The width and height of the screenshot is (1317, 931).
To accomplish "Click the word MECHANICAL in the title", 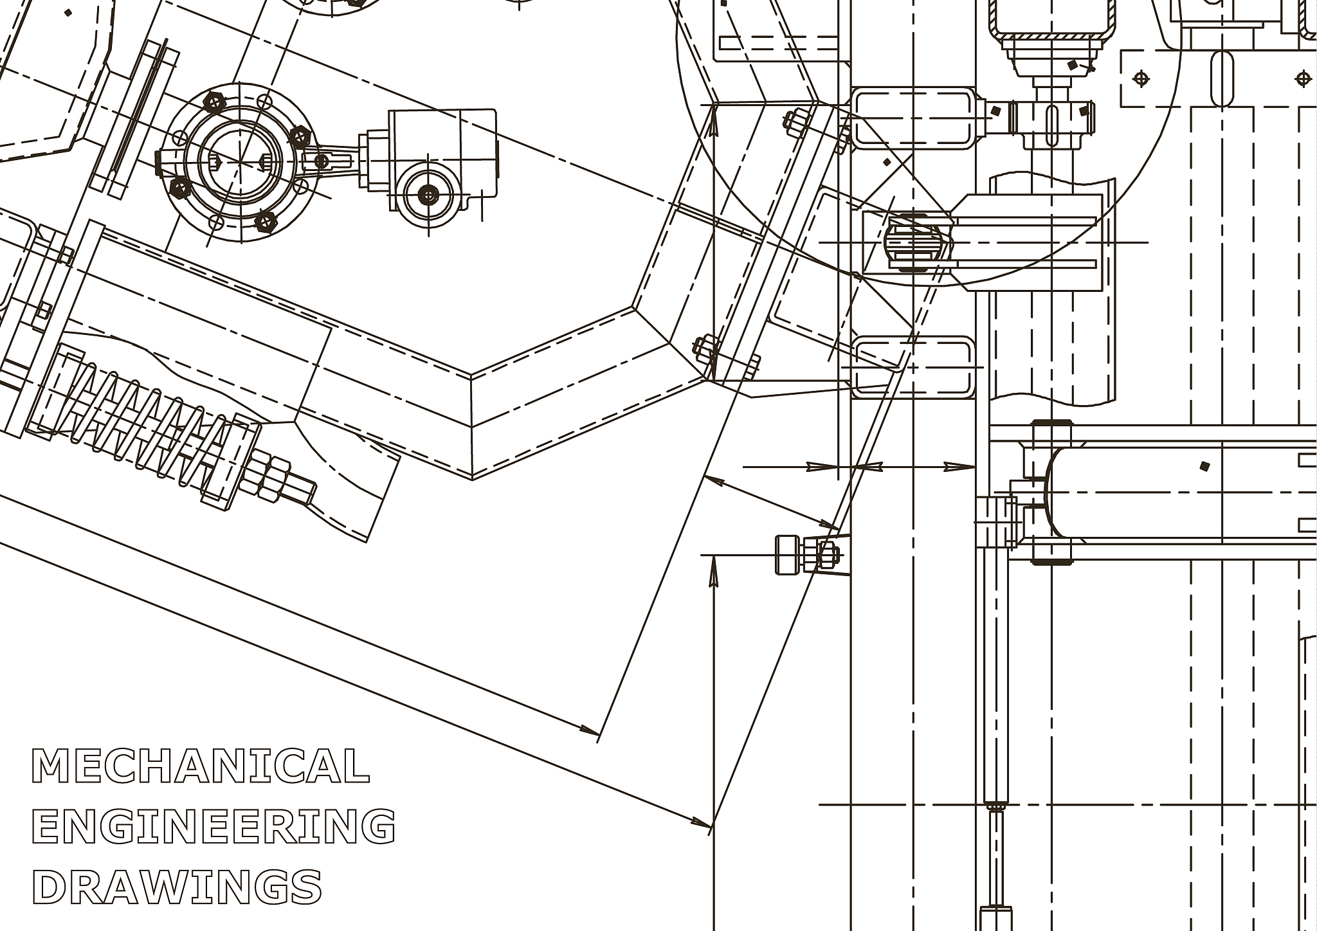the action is click(x=201, y=765).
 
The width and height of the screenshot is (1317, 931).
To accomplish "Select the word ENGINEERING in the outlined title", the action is click(x=213, y=826).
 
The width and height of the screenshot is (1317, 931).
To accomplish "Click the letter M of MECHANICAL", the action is click(x=51, y=765).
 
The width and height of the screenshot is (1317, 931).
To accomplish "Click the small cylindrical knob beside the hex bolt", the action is click(x=788, y=554).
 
